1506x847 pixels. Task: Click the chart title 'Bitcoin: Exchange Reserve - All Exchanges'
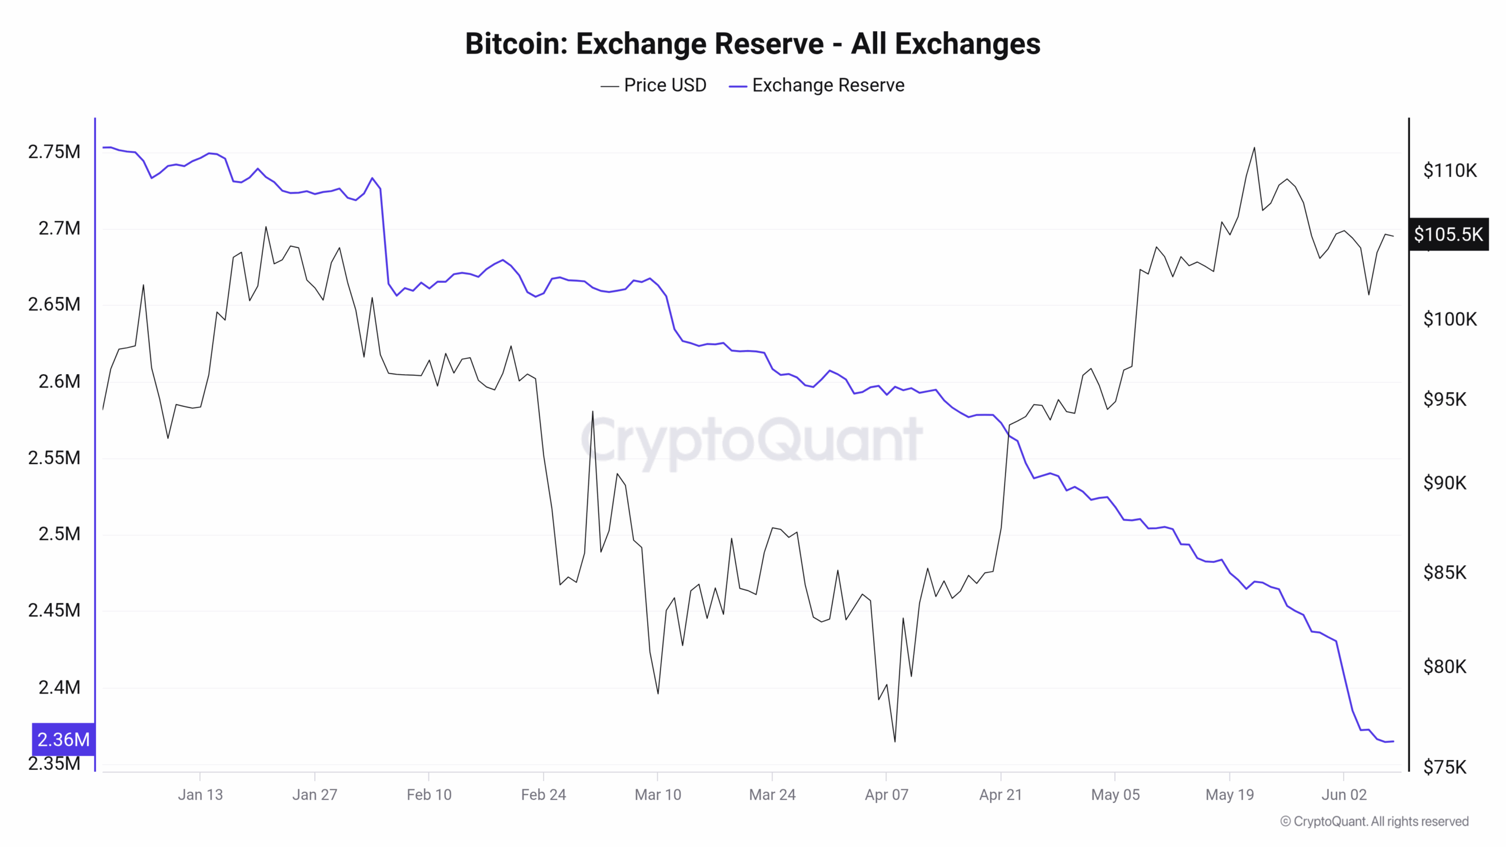[752, 44]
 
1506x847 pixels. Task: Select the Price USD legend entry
[654, 85]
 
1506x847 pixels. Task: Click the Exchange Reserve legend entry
[817, 85]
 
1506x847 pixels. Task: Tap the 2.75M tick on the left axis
[54, 152]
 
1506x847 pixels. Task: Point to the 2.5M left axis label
[59, 534]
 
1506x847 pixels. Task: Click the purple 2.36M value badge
[63, 739]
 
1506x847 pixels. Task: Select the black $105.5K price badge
[1448, 235]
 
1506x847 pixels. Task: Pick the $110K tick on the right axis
[1450, 171]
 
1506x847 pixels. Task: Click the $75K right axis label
[1444, 767]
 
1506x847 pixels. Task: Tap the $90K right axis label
[1444, 483]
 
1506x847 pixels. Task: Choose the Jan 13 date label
[200, 795]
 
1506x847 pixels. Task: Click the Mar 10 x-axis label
[658, 795]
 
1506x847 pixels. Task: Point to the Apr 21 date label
[1000, 795]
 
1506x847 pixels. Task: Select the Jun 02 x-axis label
[1344, 795]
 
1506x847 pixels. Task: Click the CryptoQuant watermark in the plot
[752, 440]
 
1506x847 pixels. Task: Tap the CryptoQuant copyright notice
[1374, 821]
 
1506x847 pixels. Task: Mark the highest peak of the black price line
[1254, 148]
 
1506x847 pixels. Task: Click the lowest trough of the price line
[895, 741]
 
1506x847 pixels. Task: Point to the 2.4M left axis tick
[59, 687]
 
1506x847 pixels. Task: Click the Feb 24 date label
[543, 795]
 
